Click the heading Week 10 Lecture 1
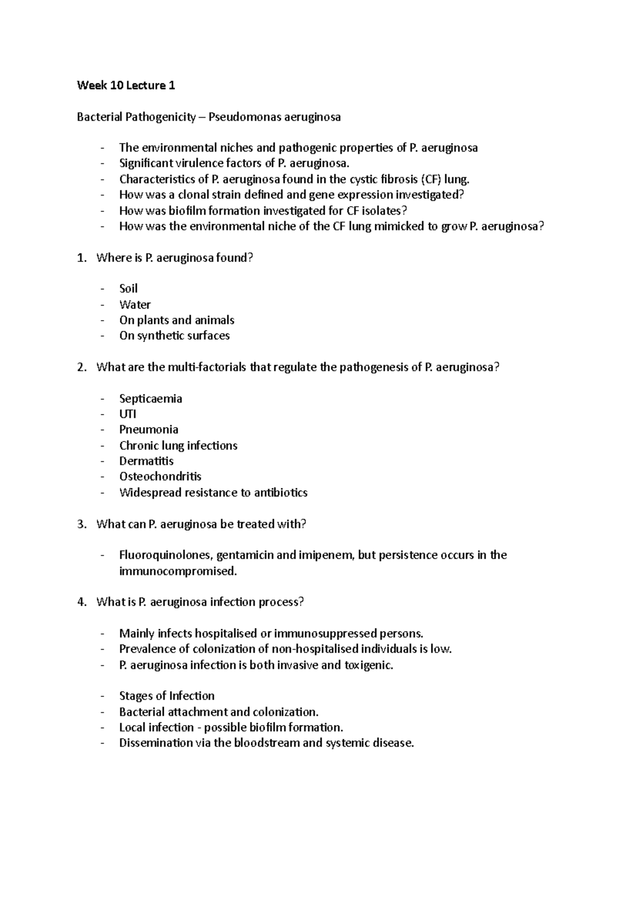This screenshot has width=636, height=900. point(126,85)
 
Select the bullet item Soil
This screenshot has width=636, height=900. point(128,289)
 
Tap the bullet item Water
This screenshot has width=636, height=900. point(135,305)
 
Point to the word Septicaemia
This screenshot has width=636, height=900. point(151,399)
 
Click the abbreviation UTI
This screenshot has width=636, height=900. point(127,414)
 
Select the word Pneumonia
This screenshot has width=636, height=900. point(148,429)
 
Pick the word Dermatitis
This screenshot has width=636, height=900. point(146,461)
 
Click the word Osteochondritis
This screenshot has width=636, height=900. point(160,477)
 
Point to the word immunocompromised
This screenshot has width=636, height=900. point(177,571)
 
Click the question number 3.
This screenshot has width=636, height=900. point(81,524)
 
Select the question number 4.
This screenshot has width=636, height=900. point(81,602)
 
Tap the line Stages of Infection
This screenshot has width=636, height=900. point(166,696)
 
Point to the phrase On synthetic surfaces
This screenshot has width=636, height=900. point(174,336)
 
